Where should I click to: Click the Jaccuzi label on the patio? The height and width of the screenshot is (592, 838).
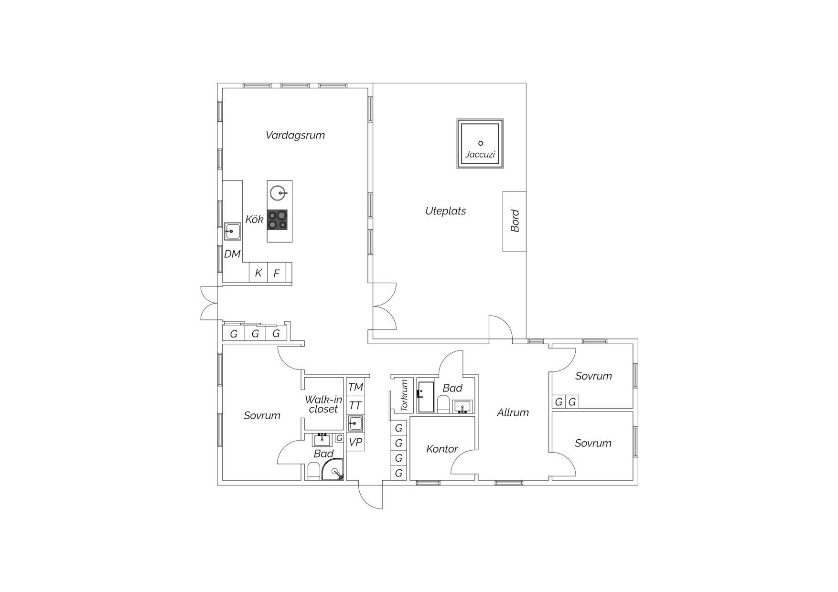point(480,155)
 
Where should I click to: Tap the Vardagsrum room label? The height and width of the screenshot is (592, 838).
point(295,135)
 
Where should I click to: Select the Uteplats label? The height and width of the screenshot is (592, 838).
point(445,211)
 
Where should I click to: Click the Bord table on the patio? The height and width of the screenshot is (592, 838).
point(515,222)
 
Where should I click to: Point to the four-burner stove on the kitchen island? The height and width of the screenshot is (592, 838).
point(277,220)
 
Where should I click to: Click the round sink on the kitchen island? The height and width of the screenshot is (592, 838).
point(278,193)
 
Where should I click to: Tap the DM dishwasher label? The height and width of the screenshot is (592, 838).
point(232,254)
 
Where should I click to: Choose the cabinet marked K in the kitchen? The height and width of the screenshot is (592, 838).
point(258,273)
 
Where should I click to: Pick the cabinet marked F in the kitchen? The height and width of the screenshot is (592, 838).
point(276,273)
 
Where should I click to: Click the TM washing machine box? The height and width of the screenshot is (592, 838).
point(355,387)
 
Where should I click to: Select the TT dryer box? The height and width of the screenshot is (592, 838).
point(355,405)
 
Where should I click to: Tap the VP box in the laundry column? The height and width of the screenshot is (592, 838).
point(355,442)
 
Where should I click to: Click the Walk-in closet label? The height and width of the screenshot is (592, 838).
point(323,404)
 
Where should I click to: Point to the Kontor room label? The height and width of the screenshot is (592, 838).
point(442,449)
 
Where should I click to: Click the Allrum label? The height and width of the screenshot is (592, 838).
point(513,412)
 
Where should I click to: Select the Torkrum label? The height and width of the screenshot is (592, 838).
point(404,396)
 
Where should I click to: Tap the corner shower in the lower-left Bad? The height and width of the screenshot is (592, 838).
point(333,469)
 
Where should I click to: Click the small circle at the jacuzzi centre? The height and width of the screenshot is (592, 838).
point(481,143)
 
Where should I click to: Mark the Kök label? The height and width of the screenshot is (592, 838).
point(254,220)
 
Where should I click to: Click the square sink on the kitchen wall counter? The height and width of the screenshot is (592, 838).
point(233,231)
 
